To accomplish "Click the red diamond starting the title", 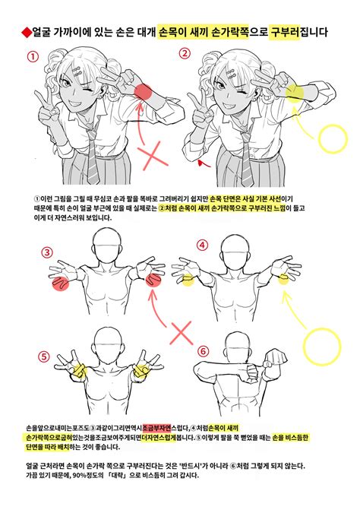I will tap(25, 33).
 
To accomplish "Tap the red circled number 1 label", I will tap(32, 56).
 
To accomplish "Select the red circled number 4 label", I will tap(202, 245).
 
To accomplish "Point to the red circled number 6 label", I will tap(202, 351).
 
